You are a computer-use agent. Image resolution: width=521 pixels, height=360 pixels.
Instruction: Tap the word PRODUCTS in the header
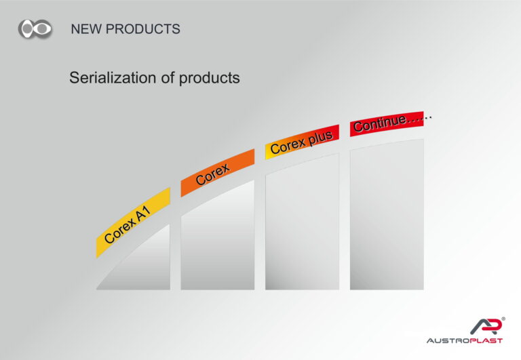click(x=143, y=29)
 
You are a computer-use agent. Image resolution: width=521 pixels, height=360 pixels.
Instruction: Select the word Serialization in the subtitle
click(x=113, y=78)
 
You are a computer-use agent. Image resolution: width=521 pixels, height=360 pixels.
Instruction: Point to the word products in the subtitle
click(x=210, y=79)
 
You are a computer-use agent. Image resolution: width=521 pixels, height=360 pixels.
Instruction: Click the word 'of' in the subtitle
click(x=168, y=78)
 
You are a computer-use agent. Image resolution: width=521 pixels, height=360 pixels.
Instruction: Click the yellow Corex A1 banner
click(x=133, y=222)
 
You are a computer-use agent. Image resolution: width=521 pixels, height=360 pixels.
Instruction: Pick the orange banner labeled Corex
click(x=218, y=173)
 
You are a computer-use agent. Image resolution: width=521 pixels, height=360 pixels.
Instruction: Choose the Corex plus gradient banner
click(x=302, y=142)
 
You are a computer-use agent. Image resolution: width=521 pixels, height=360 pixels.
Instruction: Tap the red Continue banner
click(x=387, y=124)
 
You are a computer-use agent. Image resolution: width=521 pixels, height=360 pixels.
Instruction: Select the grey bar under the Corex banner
click(x=218, y=239)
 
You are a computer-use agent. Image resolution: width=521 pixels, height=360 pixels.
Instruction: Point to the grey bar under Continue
click(x=387, y=215)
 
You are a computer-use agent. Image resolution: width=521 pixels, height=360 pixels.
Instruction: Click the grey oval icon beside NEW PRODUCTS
click(x=35, y=29)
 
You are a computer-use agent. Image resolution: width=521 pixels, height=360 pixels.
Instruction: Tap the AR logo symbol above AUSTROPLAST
click(x=486, y=326)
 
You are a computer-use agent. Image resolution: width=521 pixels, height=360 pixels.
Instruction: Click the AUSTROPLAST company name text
click(x=465, y=341)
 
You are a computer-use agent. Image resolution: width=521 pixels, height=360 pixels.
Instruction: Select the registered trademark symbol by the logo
click(x=503, y=319)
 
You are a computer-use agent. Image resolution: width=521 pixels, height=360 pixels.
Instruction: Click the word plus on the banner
click(x=321, y=138)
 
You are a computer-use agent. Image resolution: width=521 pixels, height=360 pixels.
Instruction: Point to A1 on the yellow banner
click(x=143, y=213)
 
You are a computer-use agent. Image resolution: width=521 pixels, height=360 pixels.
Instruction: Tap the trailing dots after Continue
click(x=419, y=119)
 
